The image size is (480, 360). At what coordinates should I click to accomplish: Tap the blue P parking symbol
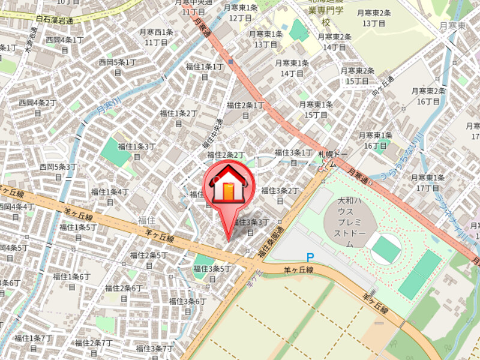click(310, 257)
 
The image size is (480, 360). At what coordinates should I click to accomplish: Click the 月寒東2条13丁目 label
click(374, 17)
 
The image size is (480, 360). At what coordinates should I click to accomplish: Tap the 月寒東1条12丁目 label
click(241, 13)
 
